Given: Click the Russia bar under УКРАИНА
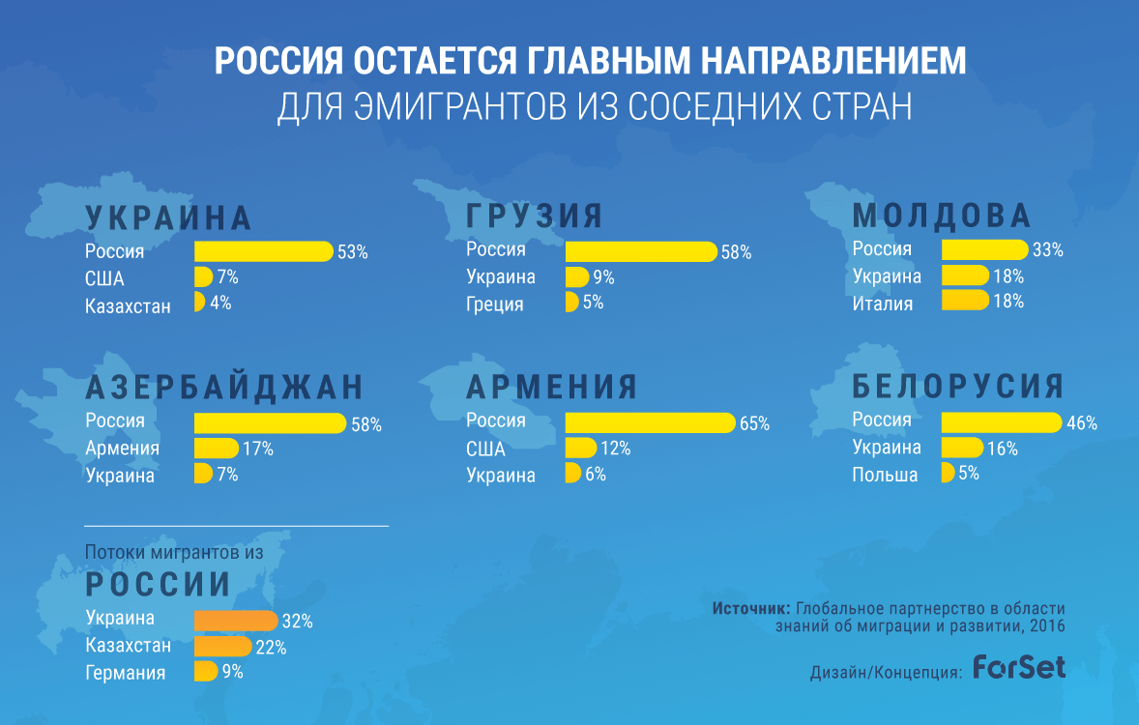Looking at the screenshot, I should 263,251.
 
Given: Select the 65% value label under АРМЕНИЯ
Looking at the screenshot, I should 754,423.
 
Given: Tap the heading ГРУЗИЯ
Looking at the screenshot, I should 534,216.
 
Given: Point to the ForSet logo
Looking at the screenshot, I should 1018,667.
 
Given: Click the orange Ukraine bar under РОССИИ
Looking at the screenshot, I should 236,621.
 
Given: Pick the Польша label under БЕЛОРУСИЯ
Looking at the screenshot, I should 885,475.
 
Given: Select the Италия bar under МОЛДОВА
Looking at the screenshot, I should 965,301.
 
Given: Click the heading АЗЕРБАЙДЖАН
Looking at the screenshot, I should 224,387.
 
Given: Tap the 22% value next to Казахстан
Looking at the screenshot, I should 271,648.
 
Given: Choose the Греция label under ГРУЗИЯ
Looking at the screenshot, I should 495,304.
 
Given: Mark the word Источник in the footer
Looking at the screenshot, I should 750,609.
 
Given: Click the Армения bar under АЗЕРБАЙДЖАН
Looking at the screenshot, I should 216,449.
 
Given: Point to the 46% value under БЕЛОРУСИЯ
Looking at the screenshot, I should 1082,423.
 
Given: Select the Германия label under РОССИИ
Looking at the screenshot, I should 125,673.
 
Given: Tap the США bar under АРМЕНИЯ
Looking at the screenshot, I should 580,449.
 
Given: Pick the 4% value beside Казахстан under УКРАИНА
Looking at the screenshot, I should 219,303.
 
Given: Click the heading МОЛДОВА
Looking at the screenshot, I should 942,216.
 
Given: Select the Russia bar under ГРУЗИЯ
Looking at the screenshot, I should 640,251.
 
